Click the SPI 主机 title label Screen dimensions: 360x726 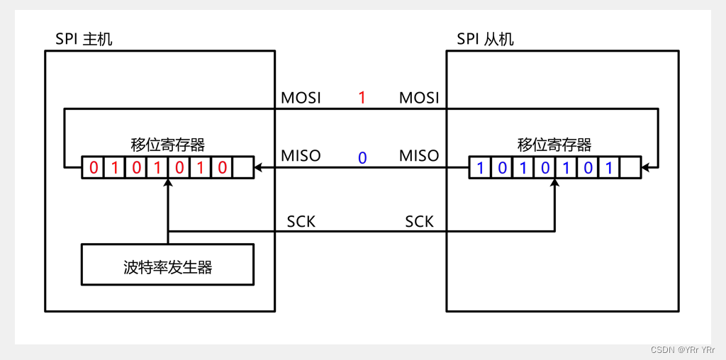(x=84, y=39)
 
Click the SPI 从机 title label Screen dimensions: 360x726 (x=486, y=39)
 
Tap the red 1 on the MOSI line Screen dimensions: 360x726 (x=362, y=98)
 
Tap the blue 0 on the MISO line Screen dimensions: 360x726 (x=362, y=157)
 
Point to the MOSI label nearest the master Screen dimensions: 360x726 (x=301, y=98)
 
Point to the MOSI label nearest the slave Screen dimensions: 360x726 (x=419, y=98)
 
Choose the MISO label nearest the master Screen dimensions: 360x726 (x=301, y=155)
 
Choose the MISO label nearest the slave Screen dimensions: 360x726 (x=419, y=155)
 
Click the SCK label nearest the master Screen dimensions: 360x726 (x=301, y=222)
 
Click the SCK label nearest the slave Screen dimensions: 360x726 (x=419, y=222)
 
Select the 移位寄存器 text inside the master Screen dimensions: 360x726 (x=168, y=145)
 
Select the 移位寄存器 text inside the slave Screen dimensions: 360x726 (x=554, y=145)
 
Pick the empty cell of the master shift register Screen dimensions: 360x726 (x=242, y=168)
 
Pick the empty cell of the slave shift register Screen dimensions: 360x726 (x=630, y=168)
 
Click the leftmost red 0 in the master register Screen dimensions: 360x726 (x=93, y=168)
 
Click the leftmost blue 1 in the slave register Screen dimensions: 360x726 (x=480, y=168)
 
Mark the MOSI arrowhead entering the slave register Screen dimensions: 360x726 (x=646, y=168)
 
